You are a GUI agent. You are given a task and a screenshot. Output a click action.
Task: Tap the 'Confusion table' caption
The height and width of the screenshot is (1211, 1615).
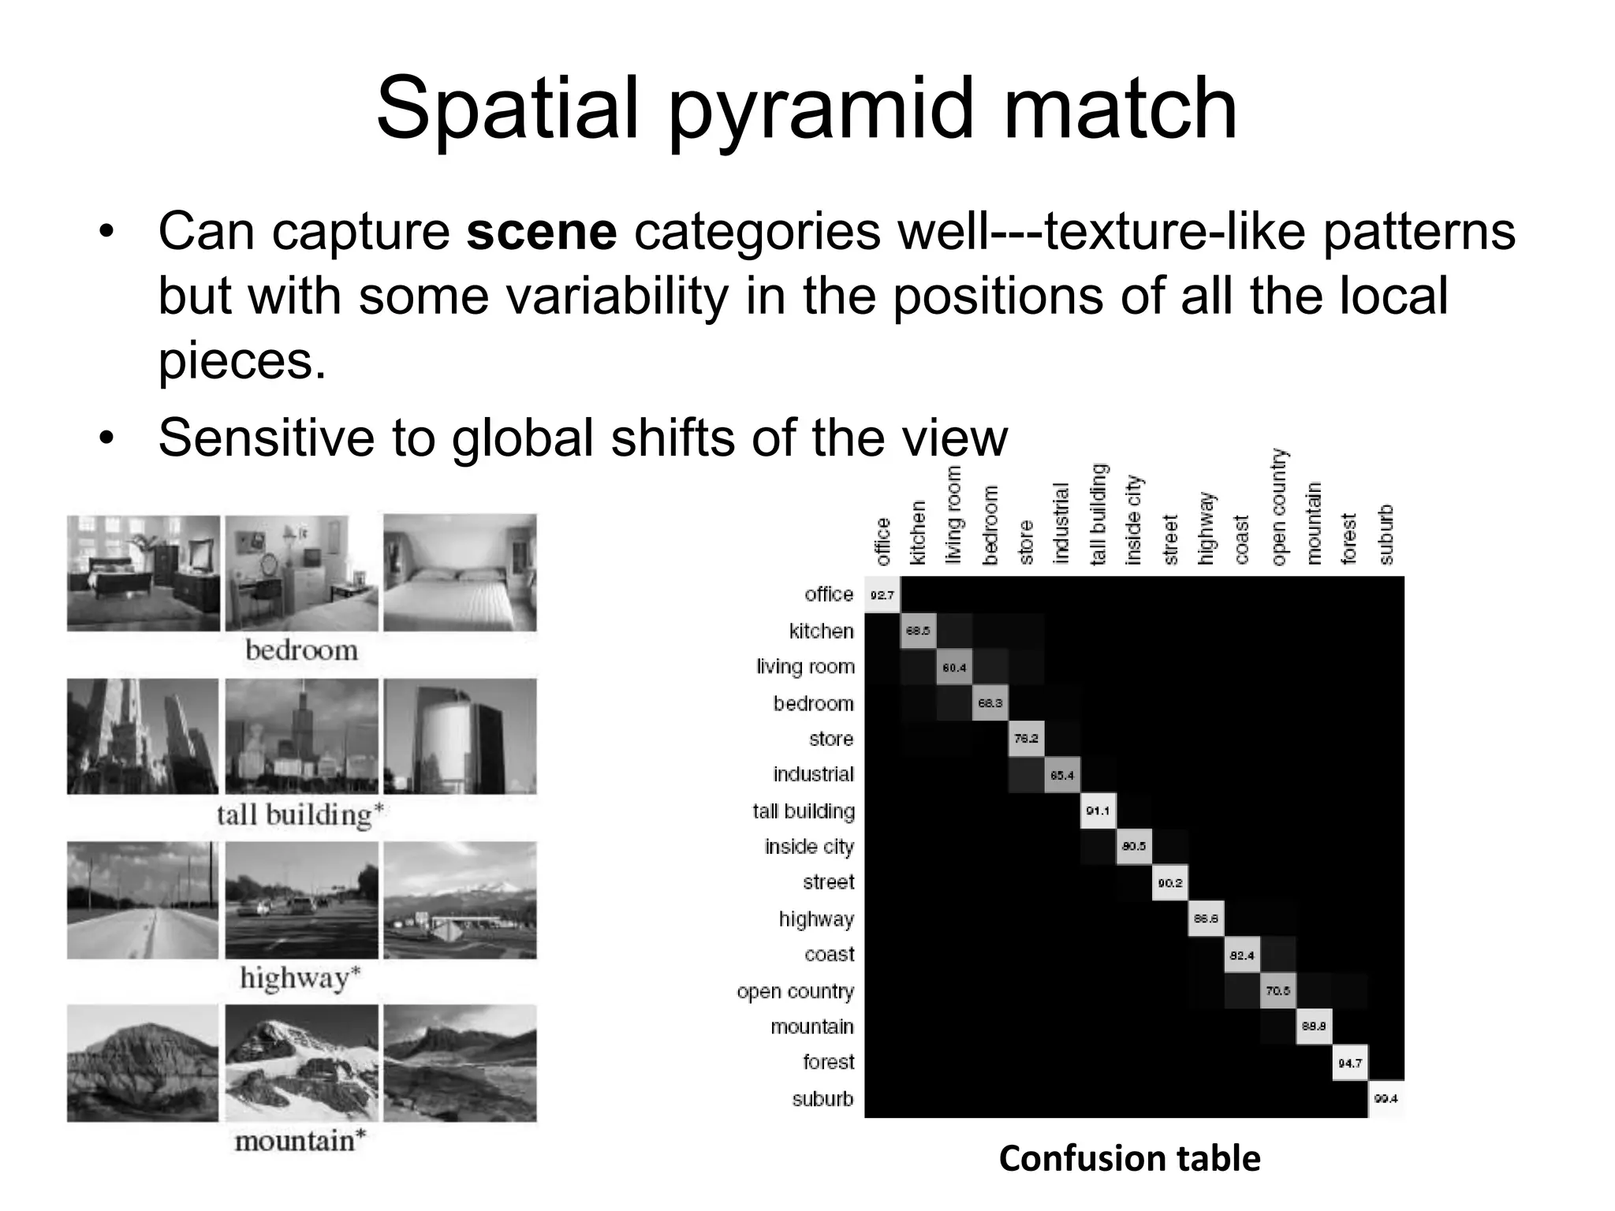(x=1129, y=1158)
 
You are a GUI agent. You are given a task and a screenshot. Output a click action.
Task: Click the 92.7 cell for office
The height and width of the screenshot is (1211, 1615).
(x=882, y=595)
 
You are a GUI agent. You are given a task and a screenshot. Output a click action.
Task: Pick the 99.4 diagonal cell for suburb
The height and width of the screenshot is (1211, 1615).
(x=1386, y=1099)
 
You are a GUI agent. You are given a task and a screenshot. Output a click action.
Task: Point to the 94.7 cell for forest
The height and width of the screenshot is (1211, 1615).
(x=1349, y=1064)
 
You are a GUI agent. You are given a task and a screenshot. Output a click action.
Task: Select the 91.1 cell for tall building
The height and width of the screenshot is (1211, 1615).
(x=1098, y=811)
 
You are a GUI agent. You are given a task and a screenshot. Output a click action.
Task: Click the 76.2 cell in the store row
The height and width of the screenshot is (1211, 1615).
(x=1026, y=739)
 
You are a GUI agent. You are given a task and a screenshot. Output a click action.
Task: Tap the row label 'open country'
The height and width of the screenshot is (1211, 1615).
(x=795, y=991)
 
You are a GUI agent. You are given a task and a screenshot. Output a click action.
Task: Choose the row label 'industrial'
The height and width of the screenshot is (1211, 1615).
(x=813, y=774)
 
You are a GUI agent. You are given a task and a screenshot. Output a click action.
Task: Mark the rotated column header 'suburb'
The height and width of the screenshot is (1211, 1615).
(x=1386, y=535)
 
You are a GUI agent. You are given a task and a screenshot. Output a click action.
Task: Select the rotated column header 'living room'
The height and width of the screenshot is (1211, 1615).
(x=953, y=514)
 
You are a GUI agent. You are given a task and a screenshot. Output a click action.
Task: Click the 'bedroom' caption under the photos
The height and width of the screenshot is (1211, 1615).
(x=301, y=650)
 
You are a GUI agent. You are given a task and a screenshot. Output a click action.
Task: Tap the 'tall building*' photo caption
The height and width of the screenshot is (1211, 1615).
(x=300, y=814)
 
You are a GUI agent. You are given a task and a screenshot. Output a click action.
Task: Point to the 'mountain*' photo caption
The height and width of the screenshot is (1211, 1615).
(x=300, y=1141)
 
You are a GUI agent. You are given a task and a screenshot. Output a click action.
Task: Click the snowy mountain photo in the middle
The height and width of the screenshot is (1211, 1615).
(x=301, y=1063)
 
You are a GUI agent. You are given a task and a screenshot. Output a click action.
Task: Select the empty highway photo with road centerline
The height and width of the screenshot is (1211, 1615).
(x=143, y=900)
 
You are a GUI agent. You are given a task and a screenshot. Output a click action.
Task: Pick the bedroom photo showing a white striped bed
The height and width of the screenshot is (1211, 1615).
(x=460, y=573)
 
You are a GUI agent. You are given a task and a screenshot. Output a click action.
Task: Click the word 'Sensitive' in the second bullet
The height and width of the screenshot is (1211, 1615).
(x=266, y=438)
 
